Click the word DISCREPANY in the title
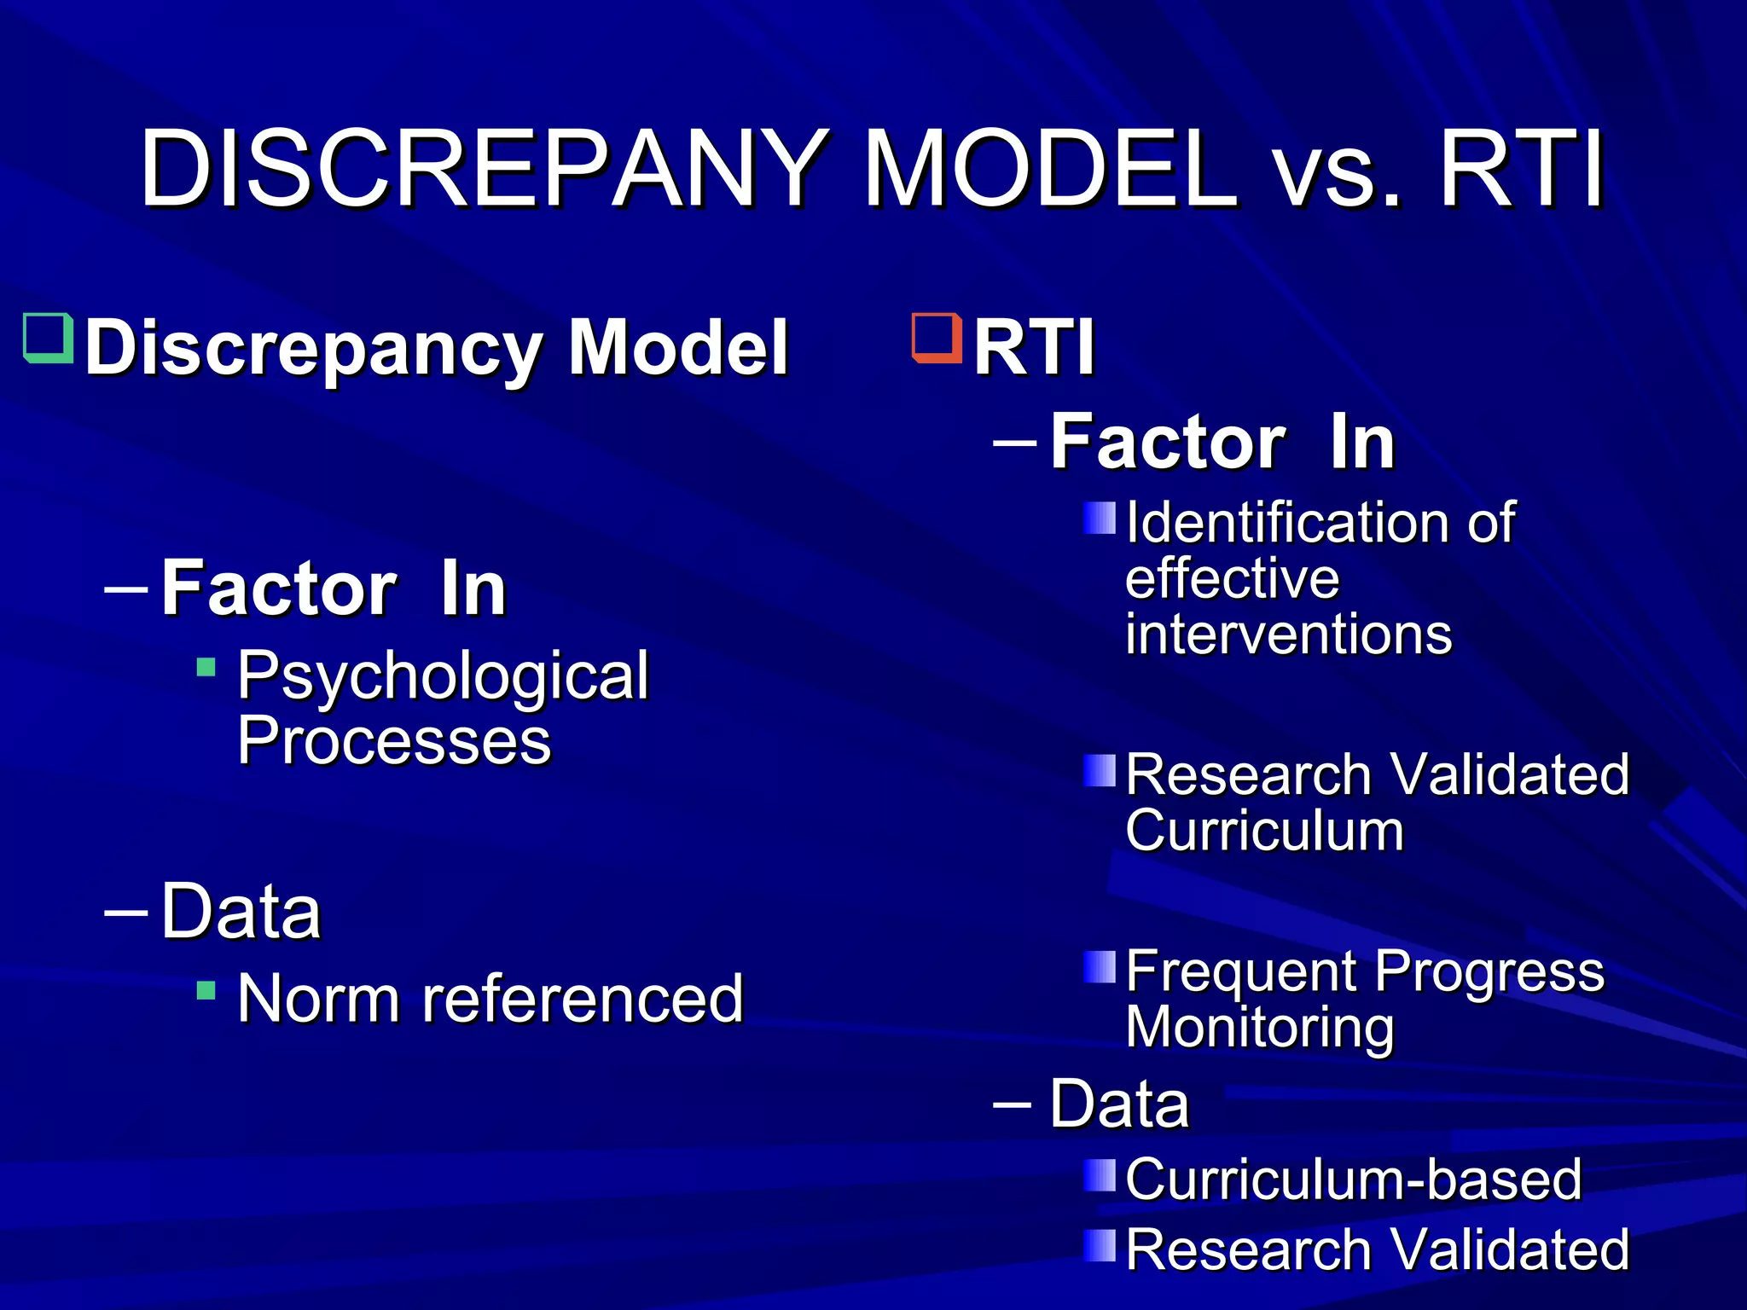point(482,168)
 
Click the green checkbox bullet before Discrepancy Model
point(48,339)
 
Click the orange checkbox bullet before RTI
point(937,338)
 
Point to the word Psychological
point(443,675)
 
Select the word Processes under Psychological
point(394,740)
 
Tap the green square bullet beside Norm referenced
point(206,990)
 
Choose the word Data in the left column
point(241,912)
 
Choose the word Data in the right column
point(1118,1104)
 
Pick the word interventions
point(1288,635)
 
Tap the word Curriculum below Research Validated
point(1264,831)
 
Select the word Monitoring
point(1259,1027)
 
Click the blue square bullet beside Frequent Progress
point(1099,967)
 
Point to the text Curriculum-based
point(1353,1180)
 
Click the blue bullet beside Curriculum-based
point(1099,1175)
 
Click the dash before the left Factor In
point(126,588)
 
